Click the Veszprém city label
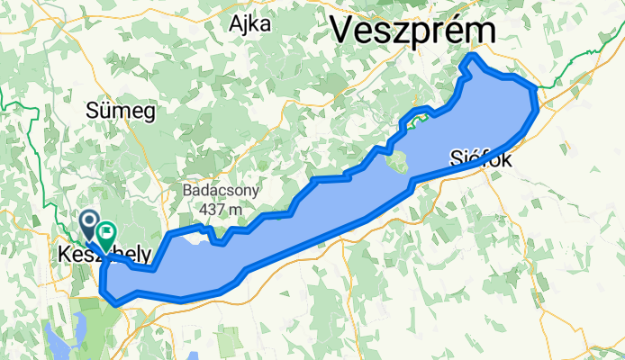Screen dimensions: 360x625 412,29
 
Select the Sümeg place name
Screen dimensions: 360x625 121,111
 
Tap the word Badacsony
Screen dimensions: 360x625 221,191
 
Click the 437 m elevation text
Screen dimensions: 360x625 222,210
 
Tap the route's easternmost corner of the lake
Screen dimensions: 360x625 538,89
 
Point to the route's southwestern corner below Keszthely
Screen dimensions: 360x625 106,292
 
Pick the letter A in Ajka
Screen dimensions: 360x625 236,23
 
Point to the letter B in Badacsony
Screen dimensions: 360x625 186,191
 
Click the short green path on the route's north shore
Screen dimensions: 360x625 415,118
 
